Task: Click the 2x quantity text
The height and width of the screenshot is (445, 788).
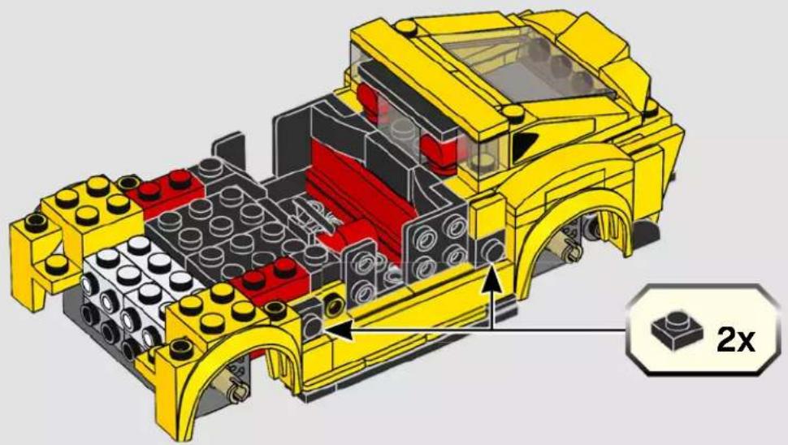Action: (735, 339)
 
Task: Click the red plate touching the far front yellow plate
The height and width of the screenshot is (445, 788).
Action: (165, 191)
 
